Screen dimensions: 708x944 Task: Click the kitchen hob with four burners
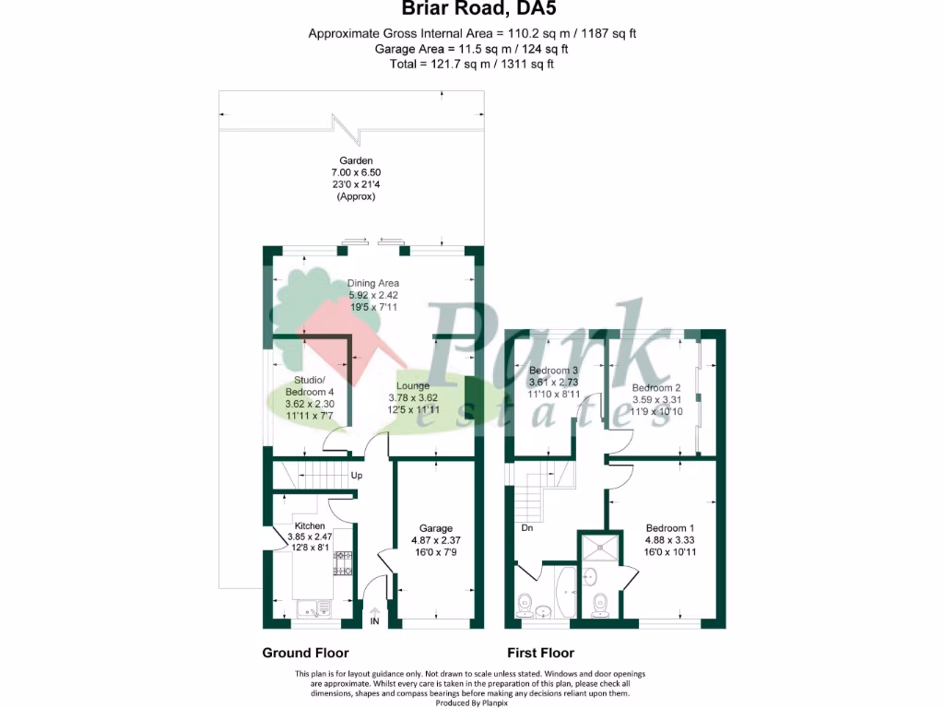344,563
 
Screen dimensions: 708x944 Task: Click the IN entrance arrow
375,617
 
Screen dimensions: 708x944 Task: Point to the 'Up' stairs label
357,477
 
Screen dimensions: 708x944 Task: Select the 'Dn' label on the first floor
526,528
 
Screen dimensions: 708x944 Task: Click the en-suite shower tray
601,548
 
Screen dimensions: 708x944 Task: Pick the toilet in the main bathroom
525,604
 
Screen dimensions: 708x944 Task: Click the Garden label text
355,161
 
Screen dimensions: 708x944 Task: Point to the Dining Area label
372,283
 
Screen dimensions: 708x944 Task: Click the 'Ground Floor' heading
305,653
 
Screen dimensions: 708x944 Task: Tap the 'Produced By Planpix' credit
472,702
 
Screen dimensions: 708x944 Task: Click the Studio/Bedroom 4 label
309,386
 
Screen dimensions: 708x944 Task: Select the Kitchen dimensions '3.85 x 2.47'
309,537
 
